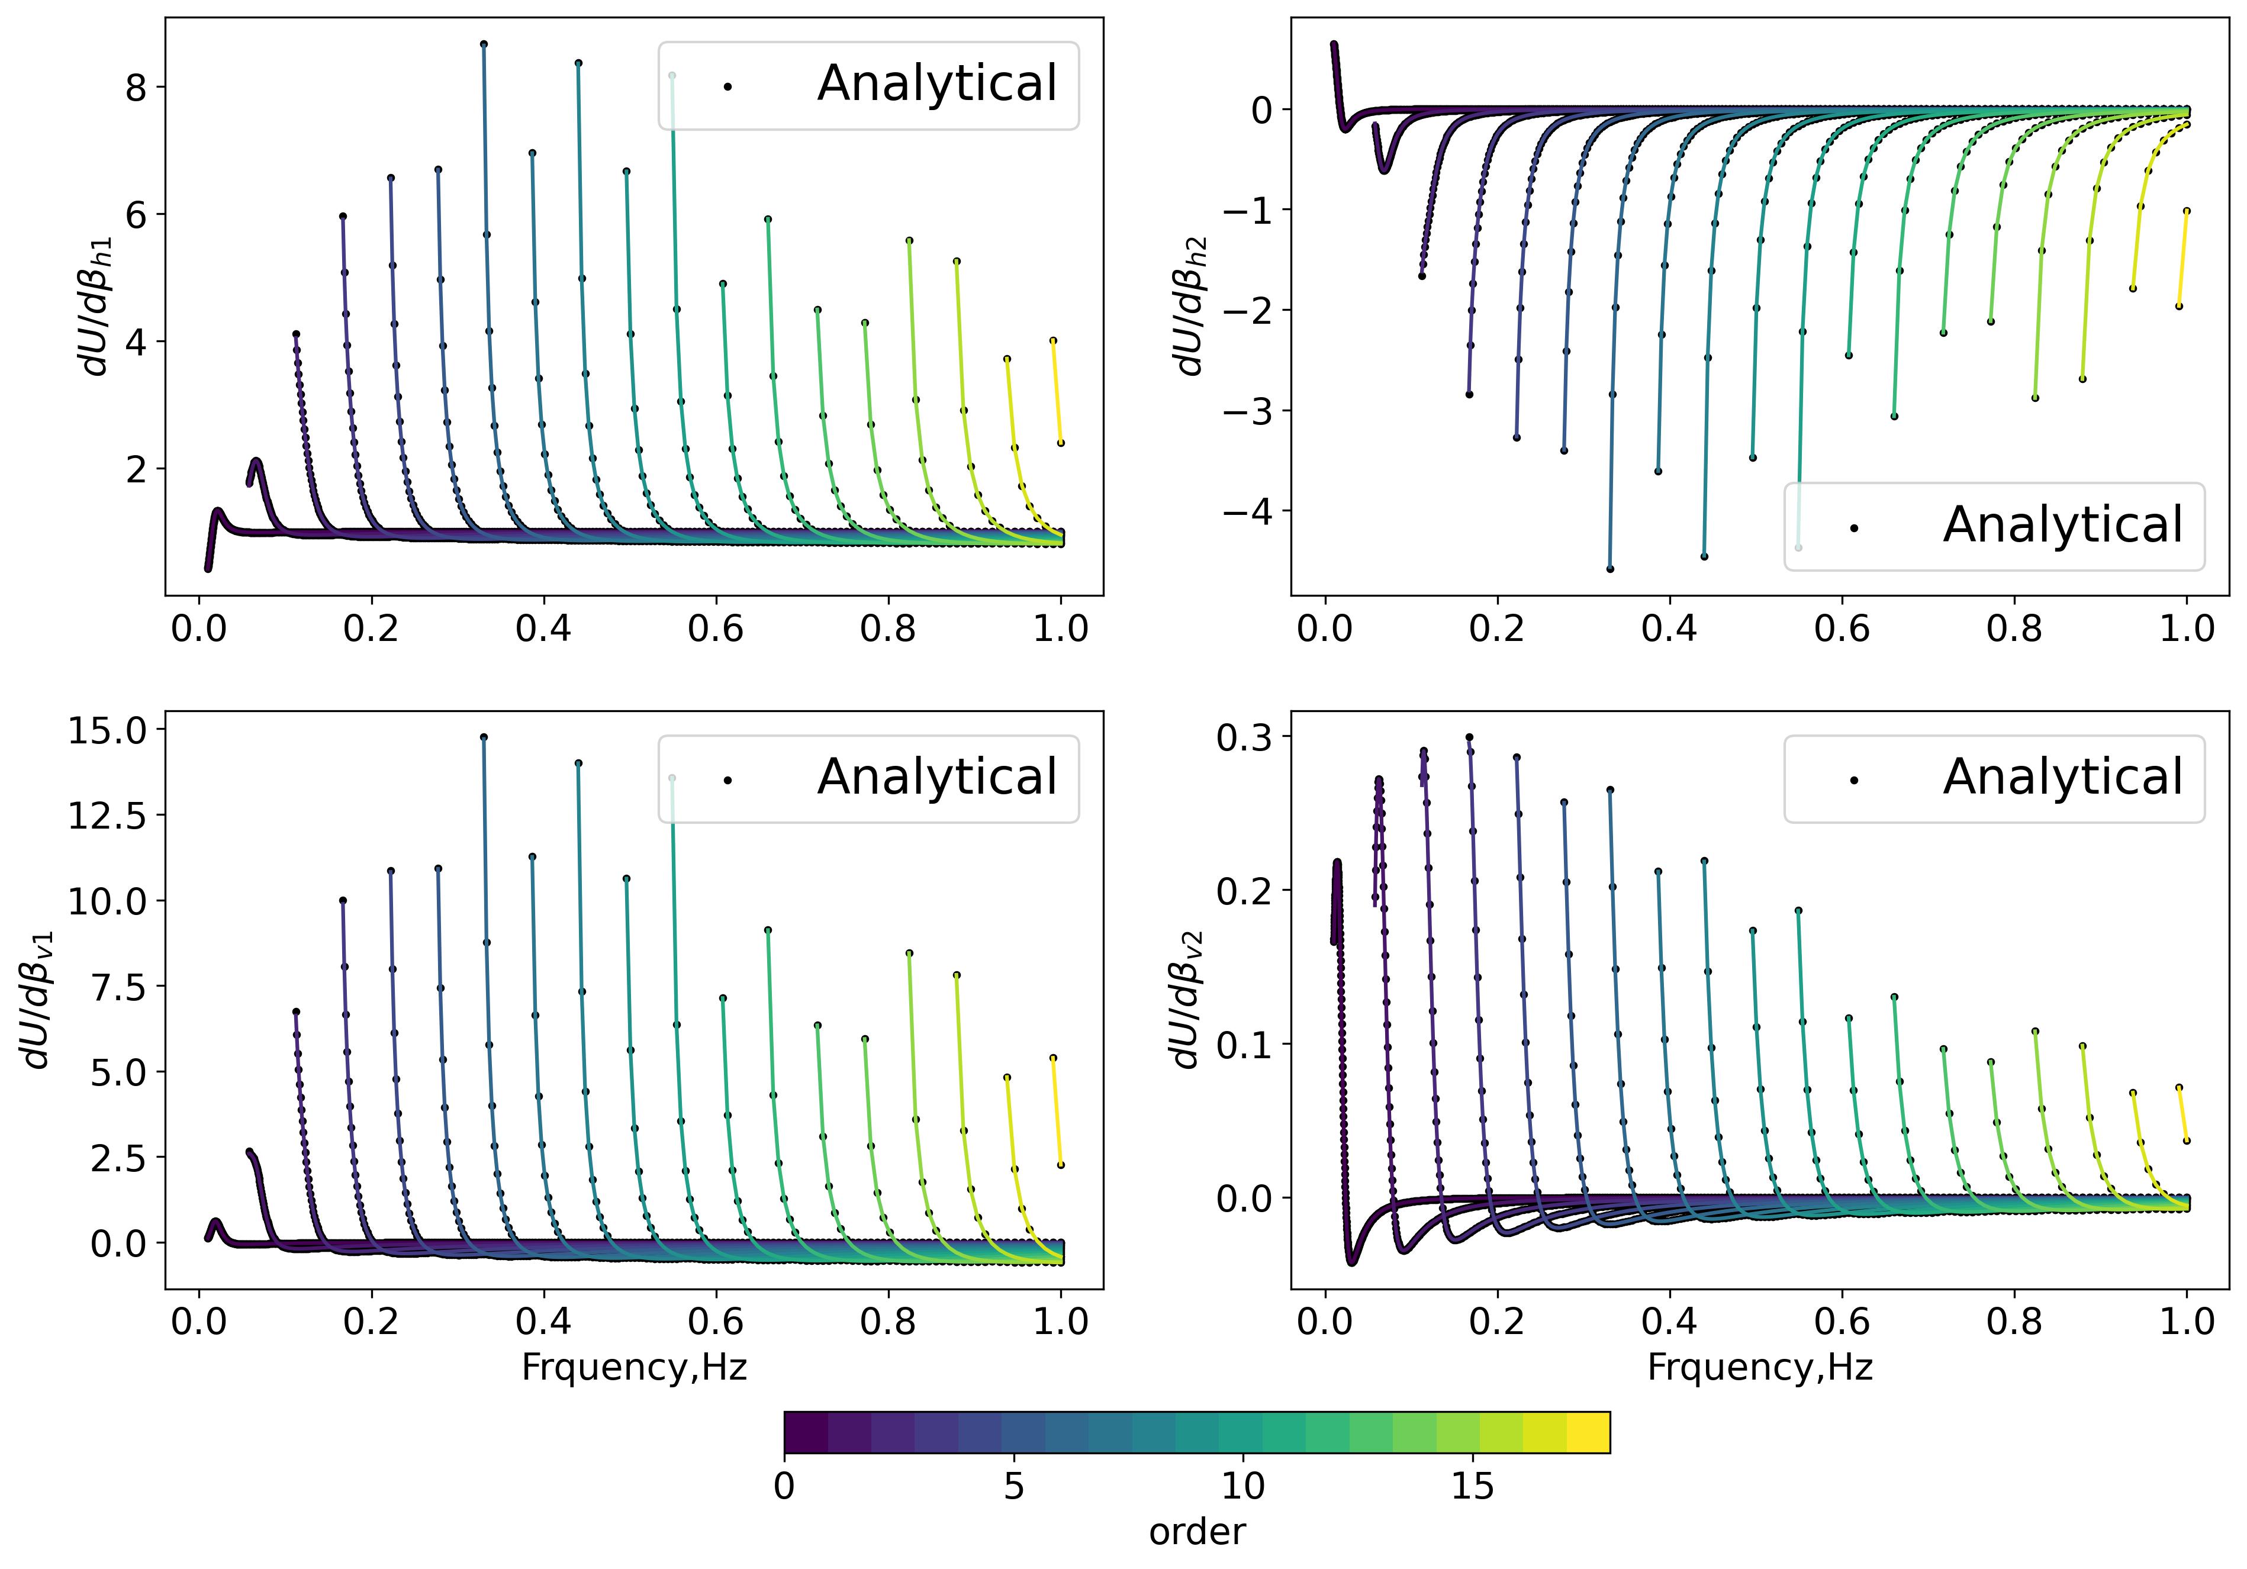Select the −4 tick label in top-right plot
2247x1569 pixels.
tap(1245, 511)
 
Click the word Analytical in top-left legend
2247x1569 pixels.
tap(936, 84)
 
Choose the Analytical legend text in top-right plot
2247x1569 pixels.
tap(2063, 526)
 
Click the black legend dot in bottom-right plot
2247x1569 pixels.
tap(1853, 780)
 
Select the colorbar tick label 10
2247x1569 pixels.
tap(1243, 1486)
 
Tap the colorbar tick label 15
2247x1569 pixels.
tap(1472, 1486)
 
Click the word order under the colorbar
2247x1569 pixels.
tap(1197, 1532)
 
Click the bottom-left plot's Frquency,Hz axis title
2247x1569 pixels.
tap(634, 1367)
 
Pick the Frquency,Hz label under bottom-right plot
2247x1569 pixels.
tap(1760, 1367)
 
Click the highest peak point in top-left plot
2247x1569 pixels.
tap(484, 44)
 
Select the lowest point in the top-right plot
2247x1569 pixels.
tap(1610, 569)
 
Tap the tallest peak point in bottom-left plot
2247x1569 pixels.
tap(484, 737)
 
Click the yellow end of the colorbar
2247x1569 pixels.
tap(1588, 1432)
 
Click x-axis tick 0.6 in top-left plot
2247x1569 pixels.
tap(716, 629)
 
